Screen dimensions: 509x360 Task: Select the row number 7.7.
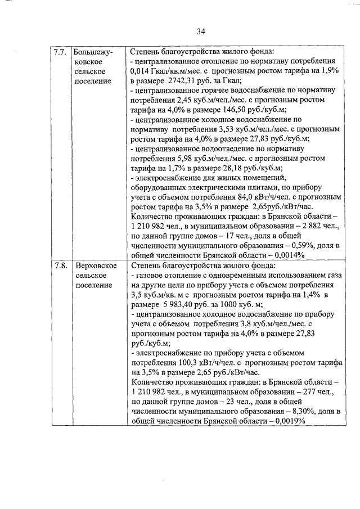point(60,52)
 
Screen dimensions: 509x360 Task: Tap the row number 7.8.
point(60,265)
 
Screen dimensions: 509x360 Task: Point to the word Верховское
point(96,265)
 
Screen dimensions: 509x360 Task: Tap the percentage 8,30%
point(289,411)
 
